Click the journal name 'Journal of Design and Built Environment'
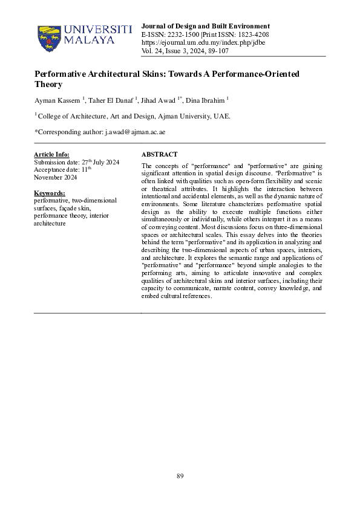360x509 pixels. point(205,26)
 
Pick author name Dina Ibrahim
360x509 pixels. point(207,100)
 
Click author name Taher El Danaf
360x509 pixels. point(106,100)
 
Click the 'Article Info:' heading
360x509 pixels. point(51,155)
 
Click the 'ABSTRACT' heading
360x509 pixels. point(159,155)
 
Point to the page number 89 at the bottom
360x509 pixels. point(180,476)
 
